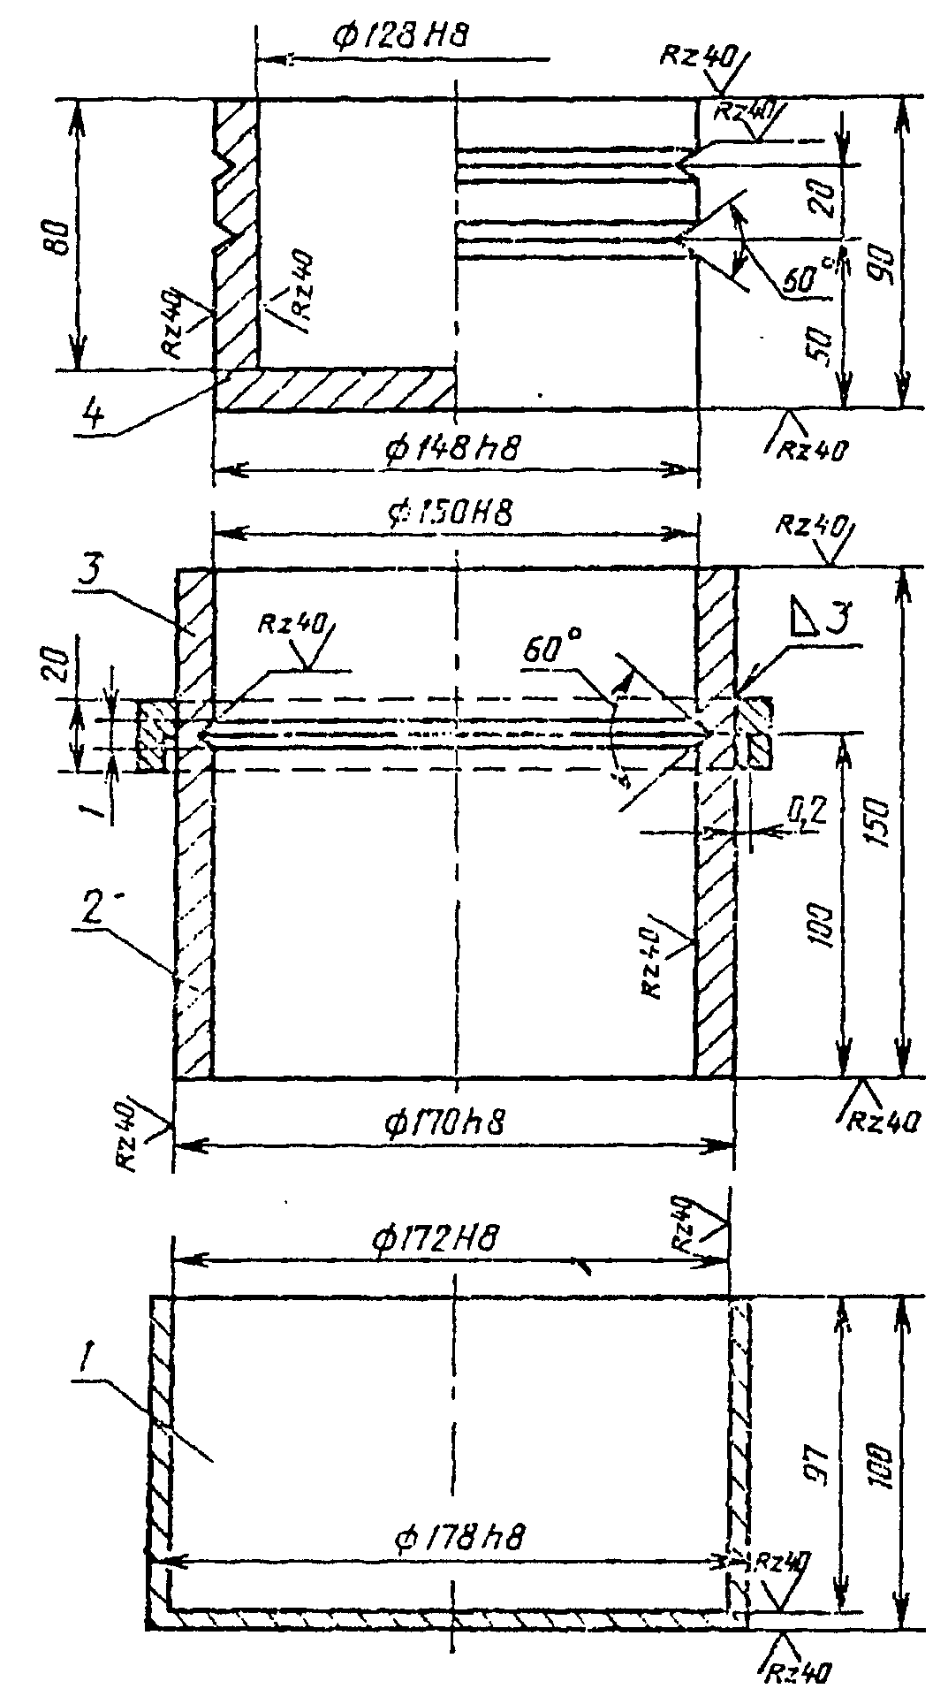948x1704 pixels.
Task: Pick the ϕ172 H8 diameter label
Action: pos(432,1240)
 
